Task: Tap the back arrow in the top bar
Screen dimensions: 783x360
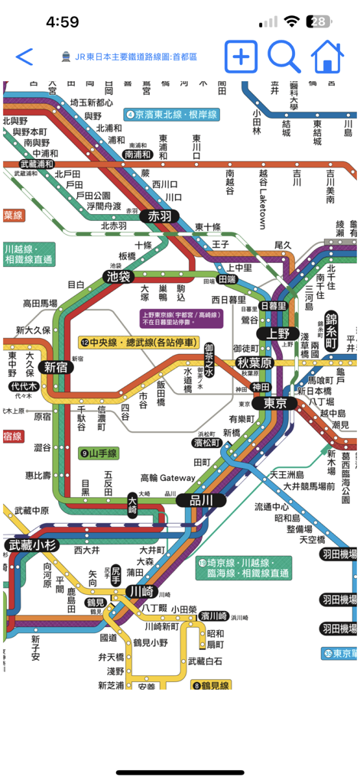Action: (x=24, y=57)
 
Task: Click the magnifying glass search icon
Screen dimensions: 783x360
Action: (x=284, y=57)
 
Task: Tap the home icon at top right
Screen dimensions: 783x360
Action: (x=326, y=57)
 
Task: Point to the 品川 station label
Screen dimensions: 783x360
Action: (x=193, y=500)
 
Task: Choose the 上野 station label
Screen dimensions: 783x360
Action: (x=273, y=333)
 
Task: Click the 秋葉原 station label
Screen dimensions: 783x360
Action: (x=254, y=362)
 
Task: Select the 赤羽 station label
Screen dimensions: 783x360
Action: (x=161, y=216)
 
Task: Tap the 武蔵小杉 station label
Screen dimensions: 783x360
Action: (x=33, y=545)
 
